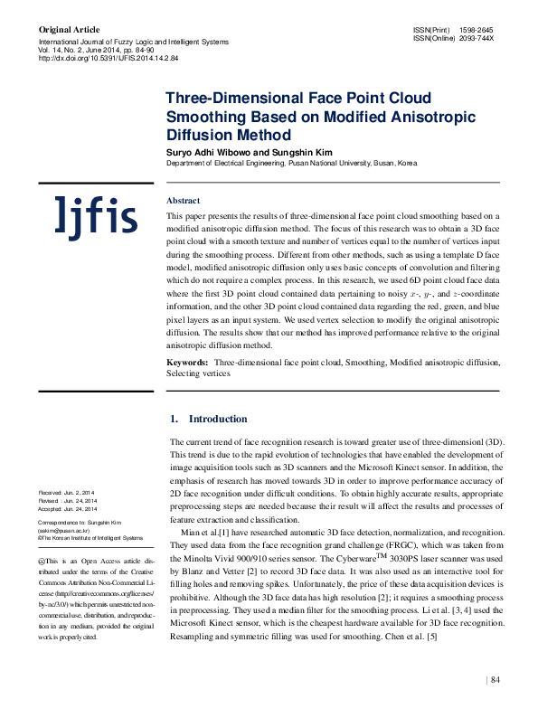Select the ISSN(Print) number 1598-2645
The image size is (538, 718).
tap(476, 31)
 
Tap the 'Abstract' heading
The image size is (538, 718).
tap(184, 200)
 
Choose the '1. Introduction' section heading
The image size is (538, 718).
tap(209, 419)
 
